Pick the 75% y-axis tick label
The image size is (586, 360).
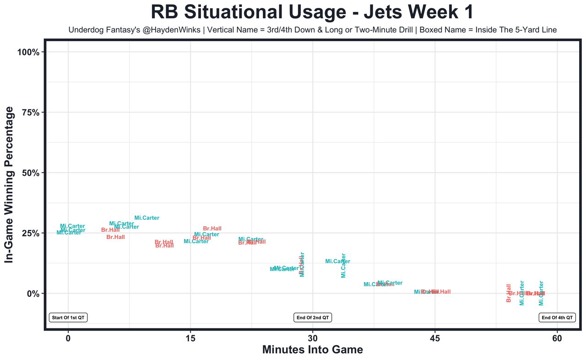(32, 112)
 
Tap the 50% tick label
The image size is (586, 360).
(32, 173)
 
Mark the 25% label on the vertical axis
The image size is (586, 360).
(32, 233)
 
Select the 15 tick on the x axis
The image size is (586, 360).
(190, 338)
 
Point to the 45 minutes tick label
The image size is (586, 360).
(434, 338)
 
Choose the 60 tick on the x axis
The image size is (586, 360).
(557, 338)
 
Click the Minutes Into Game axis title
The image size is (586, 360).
(312, 350)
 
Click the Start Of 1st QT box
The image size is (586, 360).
(68, 317)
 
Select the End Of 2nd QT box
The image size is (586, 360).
(313, 317)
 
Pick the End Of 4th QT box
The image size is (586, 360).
(557, 317)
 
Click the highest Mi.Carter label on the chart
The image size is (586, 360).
(147, 218)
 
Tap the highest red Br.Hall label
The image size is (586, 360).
(212, 229)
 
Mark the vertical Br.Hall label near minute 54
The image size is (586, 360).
(509, 293)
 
